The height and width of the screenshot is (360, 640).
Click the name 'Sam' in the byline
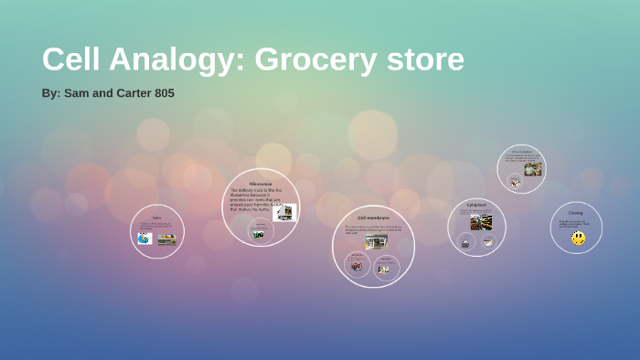[77, 93]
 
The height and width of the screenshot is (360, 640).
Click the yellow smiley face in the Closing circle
[578, 238]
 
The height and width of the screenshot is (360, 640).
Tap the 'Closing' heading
[575, 213]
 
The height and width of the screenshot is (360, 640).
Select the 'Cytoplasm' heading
[476, 205]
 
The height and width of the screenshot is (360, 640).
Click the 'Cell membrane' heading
[373, 218]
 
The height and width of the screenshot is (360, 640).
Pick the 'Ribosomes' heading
[261, 184]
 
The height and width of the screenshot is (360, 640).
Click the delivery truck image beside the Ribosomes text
[284, 212]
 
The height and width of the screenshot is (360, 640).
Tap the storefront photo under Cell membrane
[376, 241]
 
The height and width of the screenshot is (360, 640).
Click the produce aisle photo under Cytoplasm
[481, 222]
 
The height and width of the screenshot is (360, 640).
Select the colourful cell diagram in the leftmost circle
[144, 238]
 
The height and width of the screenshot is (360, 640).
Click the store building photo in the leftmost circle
[166, 239]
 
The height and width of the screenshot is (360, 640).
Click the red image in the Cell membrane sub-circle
[357, 266]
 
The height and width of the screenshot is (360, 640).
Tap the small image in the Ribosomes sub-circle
[259, 234]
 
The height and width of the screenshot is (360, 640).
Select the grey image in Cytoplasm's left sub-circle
[464, 243]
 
